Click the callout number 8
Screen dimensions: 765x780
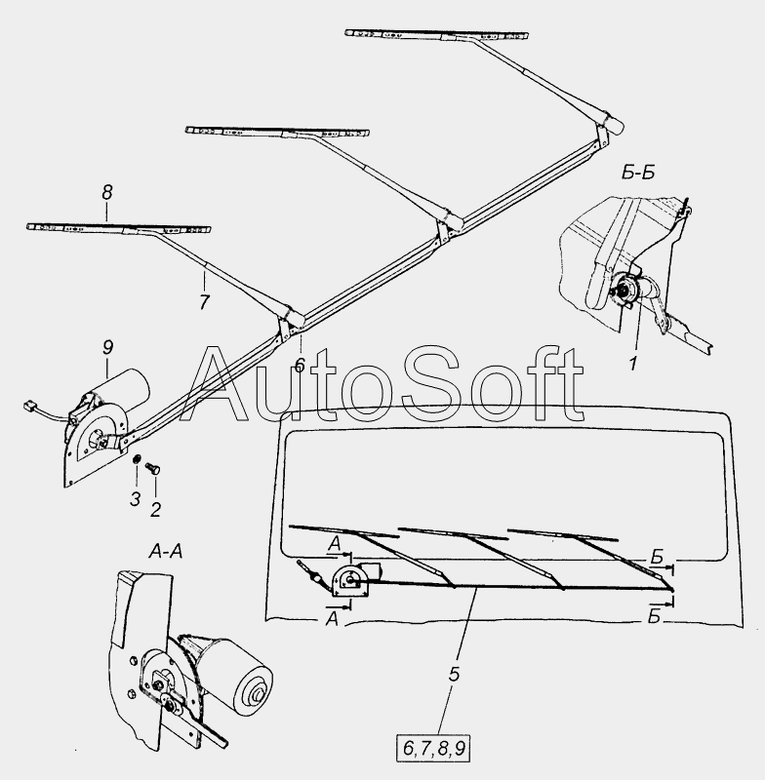coord(107,195)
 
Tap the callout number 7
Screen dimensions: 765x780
coord(204,302)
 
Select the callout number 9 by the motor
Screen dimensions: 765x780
coord(107,346)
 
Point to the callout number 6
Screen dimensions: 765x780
coord(300,364)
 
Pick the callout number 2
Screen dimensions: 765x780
coord(154,509)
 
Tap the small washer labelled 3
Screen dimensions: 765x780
coord(138,460)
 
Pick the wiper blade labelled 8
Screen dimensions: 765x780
coord(117,228)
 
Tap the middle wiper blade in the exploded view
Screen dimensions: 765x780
coord(278,130)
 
